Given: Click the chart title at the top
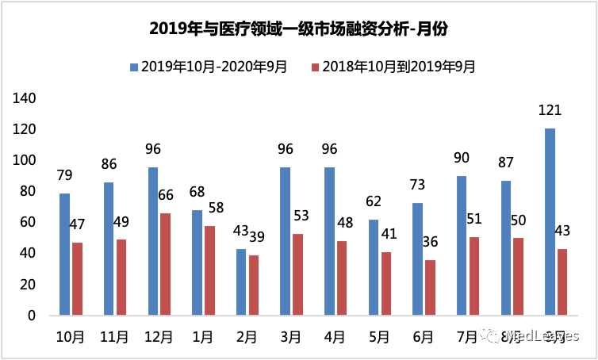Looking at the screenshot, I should (299, 29).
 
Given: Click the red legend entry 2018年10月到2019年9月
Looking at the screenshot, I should (394, 67).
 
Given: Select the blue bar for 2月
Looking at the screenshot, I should (240, 281).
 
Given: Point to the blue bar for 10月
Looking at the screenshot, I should (63, 254).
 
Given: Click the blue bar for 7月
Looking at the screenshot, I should (461, 245).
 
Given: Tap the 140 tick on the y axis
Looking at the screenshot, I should (26, 98).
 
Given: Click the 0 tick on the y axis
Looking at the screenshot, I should (33, 316).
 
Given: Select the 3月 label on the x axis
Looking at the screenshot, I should (291, 337).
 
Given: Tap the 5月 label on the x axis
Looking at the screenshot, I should (379, 337).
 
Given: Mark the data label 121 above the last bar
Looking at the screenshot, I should (549, 111).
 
